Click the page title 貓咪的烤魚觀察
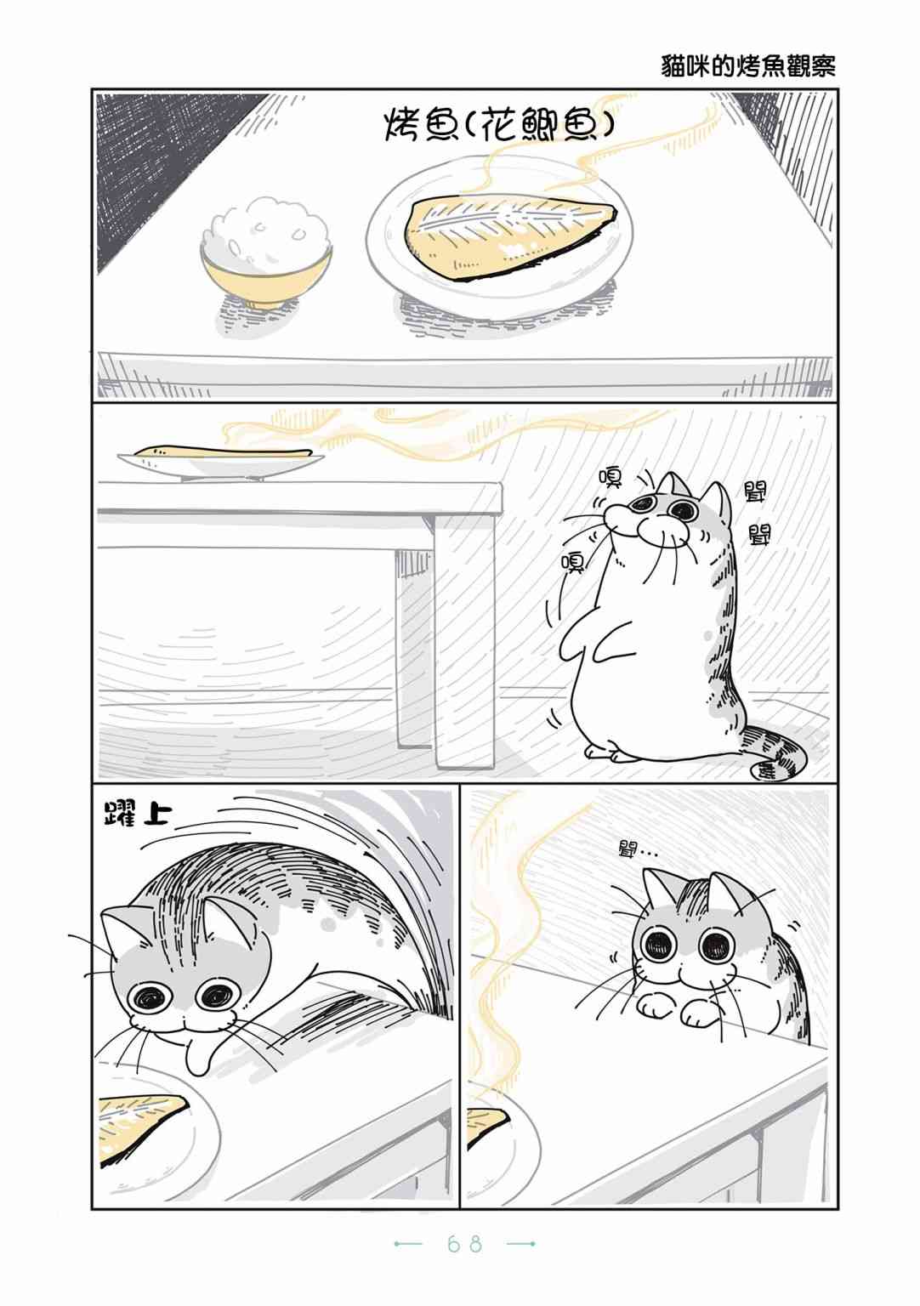[x=748, y=67]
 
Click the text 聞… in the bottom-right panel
[x=637, y=850]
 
